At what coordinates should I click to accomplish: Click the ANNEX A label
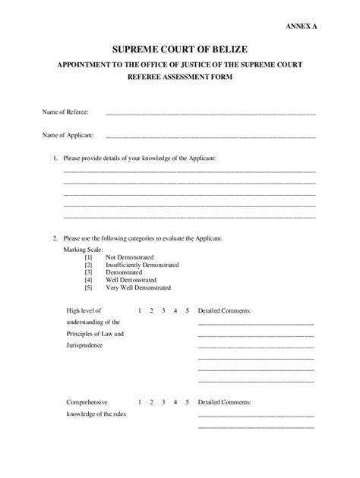(x=302, y=26)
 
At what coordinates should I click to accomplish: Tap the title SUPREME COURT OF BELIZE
(x=179, y=49)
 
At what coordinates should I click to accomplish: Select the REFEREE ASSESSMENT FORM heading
(x=180, y=77)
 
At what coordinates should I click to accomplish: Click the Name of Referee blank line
(x=210, y=113)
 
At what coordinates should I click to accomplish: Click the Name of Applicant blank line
(x=210, y=137)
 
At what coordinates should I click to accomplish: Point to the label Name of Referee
(x=66, y=112)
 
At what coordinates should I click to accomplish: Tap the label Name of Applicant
(x=68, y=136)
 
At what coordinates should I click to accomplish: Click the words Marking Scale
(x=84, y=250)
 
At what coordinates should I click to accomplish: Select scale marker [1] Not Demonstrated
(x=88, y=257)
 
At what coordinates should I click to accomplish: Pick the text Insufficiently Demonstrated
(x=142, y=265)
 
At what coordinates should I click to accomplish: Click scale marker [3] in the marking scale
(x=88, y=272)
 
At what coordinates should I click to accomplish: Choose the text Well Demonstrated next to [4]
(x=131, y=280)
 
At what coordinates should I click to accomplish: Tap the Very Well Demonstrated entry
(x=138, y=288)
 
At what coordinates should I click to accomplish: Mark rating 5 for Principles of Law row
(x=186, y=310)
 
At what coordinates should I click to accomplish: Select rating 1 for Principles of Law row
(x=140, y=310)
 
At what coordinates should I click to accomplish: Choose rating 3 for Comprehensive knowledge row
(x=163, y=401)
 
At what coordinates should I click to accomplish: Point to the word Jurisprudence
(x=84, y=345)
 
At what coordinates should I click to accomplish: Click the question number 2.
(x=55, y=237)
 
